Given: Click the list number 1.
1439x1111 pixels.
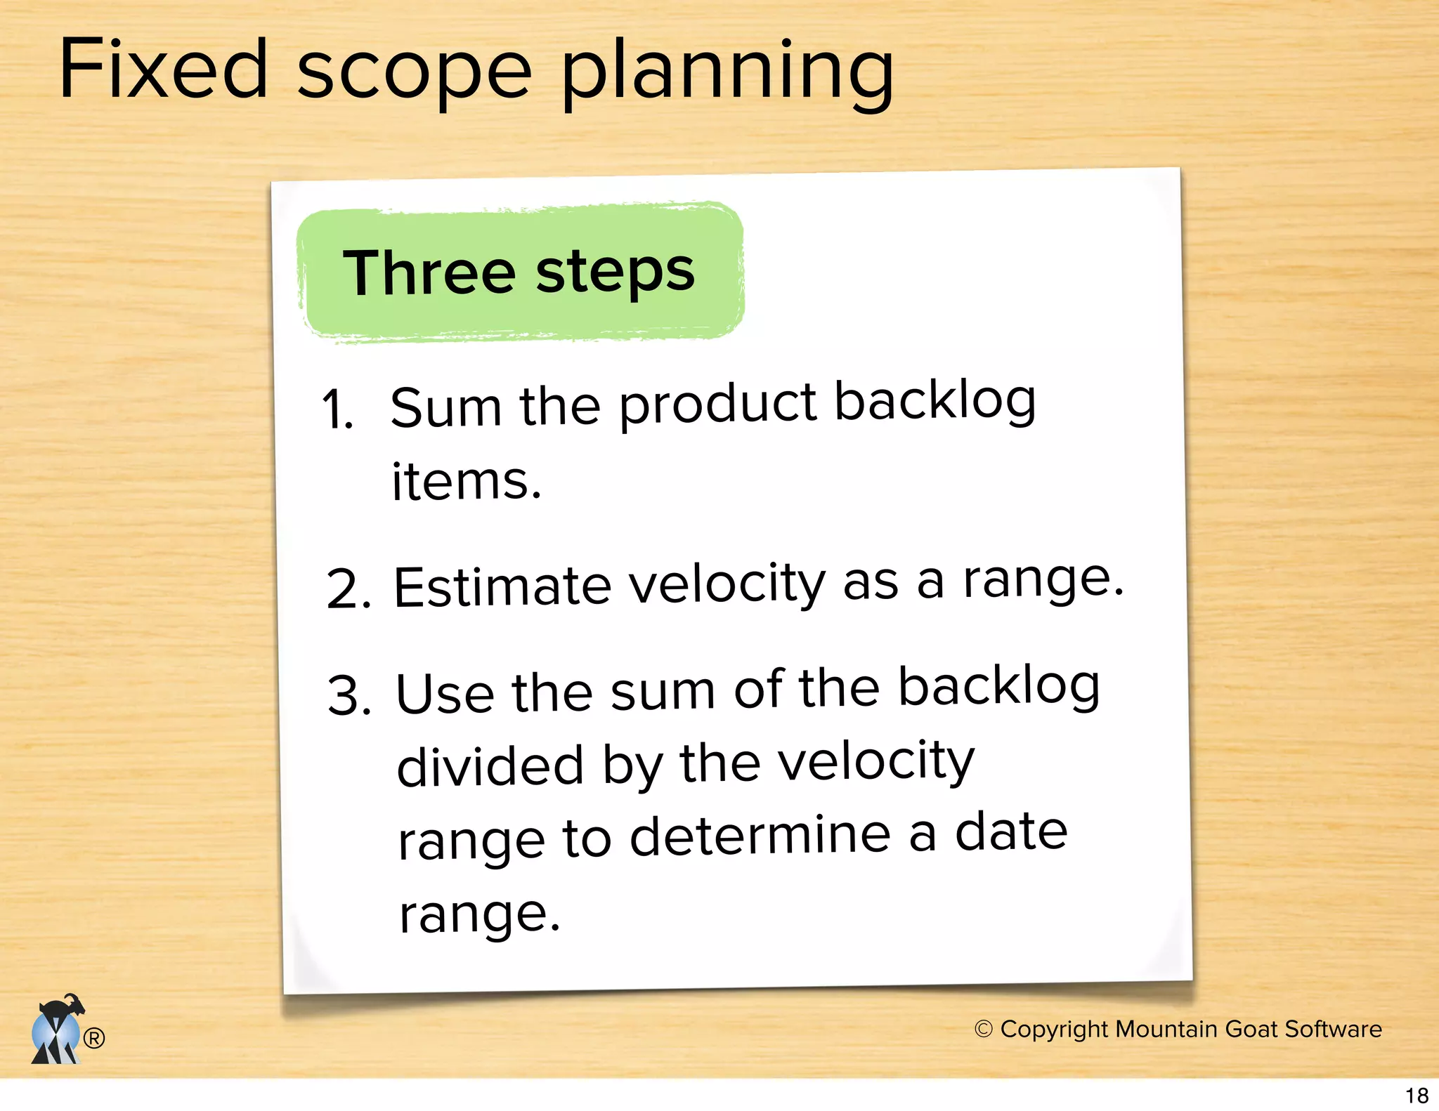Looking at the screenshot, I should click(338, 410).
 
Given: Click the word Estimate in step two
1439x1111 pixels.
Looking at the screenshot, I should click(502, 586).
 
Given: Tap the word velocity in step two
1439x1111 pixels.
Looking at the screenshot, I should click(727, 584).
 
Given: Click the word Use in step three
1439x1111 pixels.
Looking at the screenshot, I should click(445, 693).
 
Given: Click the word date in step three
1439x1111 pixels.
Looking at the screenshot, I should click(1011, 831).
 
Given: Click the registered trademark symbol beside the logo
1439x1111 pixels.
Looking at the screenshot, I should click(94, 1037).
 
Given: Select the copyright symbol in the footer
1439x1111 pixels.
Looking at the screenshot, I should click(983, 1029).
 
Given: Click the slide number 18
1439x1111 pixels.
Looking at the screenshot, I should click(1417, 1095).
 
